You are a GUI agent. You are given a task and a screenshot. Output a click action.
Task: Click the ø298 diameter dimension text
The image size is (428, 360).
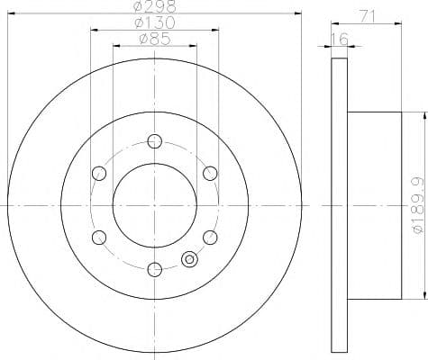point(154,7)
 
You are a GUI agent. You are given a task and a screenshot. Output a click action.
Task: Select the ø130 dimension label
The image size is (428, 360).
point(154,22)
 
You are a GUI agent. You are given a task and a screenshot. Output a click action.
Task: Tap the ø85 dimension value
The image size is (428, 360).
point(154,39)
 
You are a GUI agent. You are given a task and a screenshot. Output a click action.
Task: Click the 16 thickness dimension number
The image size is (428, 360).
point(339,40)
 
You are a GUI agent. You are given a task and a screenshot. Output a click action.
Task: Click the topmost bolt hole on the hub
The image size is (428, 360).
point(154,140)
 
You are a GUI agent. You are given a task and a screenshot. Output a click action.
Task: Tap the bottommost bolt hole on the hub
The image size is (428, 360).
point(154,268)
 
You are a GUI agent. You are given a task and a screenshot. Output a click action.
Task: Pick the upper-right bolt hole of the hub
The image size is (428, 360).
point(210,173)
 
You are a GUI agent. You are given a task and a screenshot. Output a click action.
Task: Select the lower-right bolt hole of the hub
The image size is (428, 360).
point(210,237)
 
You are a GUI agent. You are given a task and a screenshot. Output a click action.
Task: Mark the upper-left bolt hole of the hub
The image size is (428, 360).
point(98,173)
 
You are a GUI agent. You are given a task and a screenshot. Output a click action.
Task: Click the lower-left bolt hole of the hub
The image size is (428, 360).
point(98,237)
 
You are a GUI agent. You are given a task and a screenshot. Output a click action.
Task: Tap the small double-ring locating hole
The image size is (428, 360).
point(189,260)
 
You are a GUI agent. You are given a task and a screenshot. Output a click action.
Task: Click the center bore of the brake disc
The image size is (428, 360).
point(154,205)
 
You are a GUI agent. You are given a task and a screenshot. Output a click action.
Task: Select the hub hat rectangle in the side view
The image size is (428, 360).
point(374,205)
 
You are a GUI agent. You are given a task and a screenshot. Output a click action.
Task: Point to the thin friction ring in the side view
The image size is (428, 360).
point(339,205)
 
